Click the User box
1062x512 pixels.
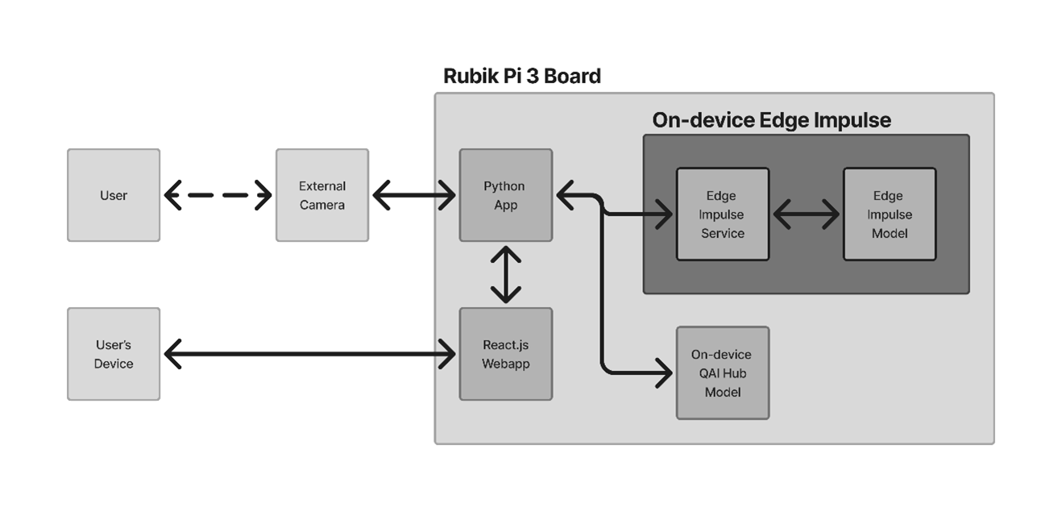114,195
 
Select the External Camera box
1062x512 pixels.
322,195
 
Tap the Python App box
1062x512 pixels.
506,195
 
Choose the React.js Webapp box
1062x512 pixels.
506,354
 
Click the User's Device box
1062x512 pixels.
114,354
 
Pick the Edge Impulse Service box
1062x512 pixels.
723,214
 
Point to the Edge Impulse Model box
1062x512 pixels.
890,214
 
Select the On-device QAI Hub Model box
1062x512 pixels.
723,373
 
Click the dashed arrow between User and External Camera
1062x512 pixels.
218,195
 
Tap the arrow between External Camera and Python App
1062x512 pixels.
414,195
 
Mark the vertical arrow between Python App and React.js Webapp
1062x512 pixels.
506,275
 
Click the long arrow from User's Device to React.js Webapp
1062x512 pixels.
309,354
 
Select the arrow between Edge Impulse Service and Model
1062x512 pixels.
806,214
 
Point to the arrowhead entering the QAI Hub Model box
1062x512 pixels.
665,373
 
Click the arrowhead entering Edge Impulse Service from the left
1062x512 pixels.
665,214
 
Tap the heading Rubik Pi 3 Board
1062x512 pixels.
522,76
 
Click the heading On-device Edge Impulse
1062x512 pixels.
772,120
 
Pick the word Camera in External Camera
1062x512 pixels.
322,205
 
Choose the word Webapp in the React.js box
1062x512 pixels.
506,364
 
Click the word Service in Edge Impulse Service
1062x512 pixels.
723,234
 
